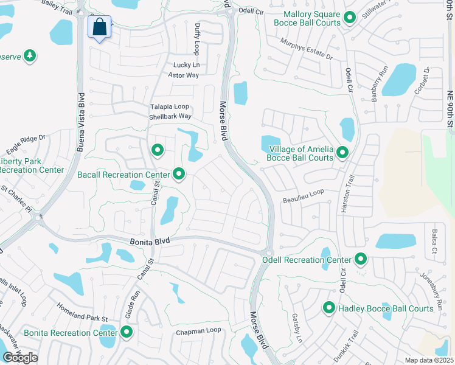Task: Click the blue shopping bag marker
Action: coord(99,27)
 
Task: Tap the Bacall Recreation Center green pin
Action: coord(179,175)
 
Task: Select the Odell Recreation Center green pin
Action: coord(361,260)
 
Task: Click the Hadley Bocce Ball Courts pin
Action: coord(329,308)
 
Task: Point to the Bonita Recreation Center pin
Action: coord(127,332)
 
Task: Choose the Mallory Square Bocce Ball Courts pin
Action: coord(349,18)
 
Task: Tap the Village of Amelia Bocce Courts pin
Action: coord(342,153)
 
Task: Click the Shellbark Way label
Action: coord(170,116)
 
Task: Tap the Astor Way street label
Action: coord(184,75)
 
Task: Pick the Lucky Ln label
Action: coord(186,65)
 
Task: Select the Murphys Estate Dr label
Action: coord(306,49)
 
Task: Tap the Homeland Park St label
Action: coord(82,311)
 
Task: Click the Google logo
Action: coord(20,358)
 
